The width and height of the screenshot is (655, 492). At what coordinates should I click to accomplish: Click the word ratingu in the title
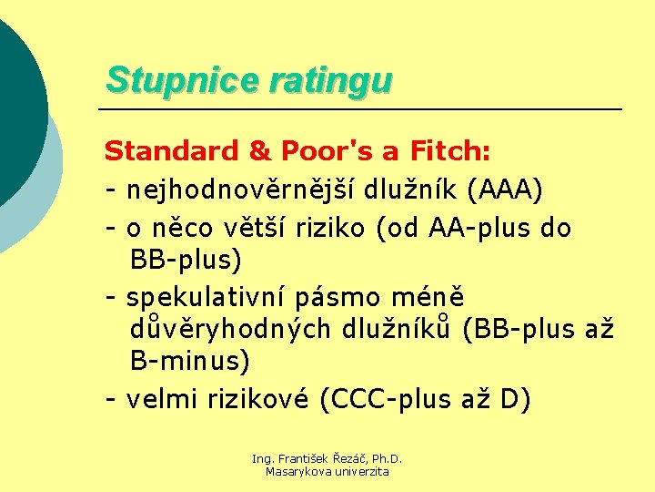(330, 80)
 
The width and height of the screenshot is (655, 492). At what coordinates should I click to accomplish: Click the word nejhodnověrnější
(241, 190)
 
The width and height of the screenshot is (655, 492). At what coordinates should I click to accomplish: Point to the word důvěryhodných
(233, 329)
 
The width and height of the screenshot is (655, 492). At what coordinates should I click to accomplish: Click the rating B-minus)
(190, 362)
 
